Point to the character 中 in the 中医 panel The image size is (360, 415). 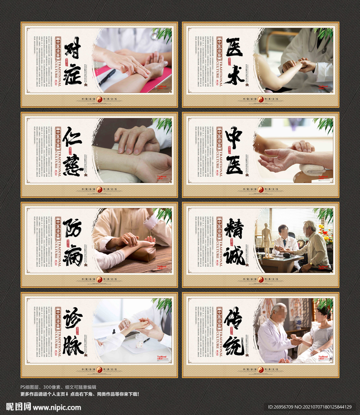tap(234, 137)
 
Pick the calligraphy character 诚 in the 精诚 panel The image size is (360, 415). tap(234, 255)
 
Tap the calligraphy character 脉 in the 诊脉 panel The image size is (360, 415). tap(73, 345)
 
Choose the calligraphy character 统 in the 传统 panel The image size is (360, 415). tap(234, 345)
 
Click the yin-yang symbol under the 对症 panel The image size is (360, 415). tap(99, 99)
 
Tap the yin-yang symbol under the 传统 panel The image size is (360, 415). tap(261, 370)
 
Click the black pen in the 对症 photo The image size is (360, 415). tap(107, 77)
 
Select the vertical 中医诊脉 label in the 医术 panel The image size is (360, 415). tap(219, 49)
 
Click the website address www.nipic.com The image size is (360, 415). tap(57, 407)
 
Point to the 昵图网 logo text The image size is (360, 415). tap(19, 407)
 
